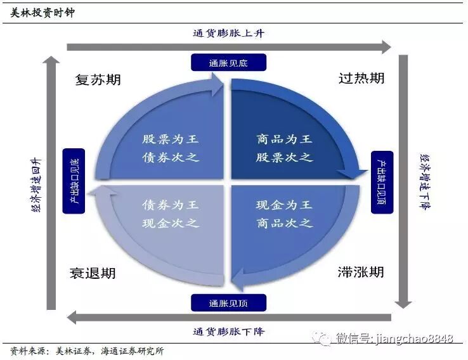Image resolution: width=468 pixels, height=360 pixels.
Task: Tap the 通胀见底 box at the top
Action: (228, 62)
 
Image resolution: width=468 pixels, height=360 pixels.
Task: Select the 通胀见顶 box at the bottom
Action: (228, 303)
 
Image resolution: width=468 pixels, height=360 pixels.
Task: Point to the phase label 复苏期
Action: (98, 80)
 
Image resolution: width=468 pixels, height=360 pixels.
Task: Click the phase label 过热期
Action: (361, 79)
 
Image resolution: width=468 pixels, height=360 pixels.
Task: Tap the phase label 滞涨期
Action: (361, 273)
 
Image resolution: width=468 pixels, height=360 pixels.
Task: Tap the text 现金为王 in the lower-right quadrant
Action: (284, 205)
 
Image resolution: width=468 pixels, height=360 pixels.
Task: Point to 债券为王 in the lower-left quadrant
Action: (171, 205)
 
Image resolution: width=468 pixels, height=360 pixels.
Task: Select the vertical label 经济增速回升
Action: (36, 184)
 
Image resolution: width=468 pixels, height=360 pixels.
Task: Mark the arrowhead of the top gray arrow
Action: (386, 46)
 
